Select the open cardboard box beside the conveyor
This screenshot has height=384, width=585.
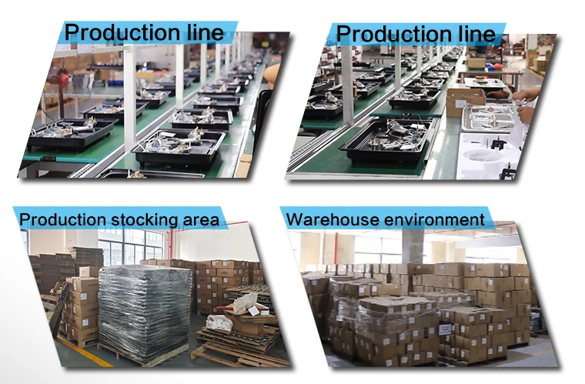coord(465,99)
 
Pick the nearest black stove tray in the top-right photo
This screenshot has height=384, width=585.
coord(386,142)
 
